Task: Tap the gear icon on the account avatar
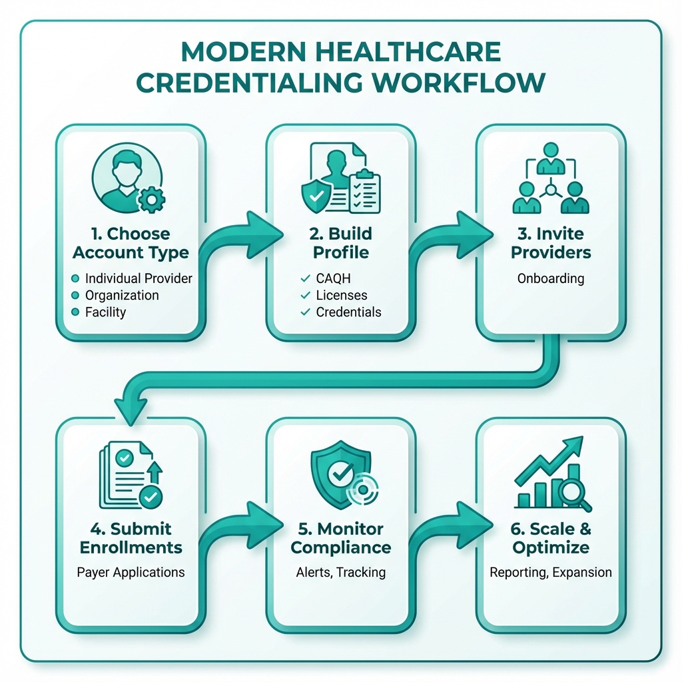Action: coord(151,199)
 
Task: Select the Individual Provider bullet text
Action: coord(139,278)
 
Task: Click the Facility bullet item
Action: coord(105,312)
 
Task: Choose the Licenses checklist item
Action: coord(342,295)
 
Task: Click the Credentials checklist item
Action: coord(348,312)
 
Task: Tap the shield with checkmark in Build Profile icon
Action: coord(316,195)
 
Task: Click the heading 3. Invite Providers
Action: coord(550,243)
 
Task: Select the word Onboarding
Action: coord(550,278)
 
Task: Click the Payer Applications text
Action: coord(131,572)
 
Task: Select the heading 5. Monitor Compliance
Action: coord(341,538)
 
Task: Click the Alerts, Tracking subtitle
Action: coord(341,572)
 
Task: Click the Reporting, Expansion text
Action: coord(550,572)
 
